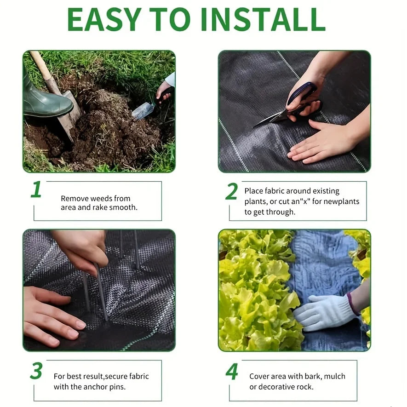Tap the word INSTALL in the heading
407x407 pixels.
tap(263, 19)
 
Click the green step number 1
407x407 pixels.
tap(36, 189)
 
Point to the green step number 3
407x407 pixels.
tap(36, 370)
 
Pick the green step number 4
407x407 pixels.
tap(232, 371)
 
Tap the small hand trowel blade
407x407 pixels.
tap(143, 111)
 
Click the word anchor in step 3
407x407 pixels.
tap(95, 387)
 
